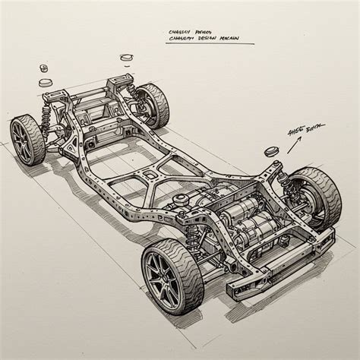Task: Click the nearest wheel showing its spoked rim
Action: [170, 274]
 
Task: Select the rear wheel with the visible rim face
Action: [29, 139]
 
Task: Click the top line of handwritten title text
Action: [191, 33]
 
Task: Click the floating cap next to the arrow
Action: [272, 151]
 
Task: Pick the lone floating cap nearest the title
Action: [126, 58]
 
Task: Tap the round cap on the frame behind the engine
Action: [180, 199]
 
